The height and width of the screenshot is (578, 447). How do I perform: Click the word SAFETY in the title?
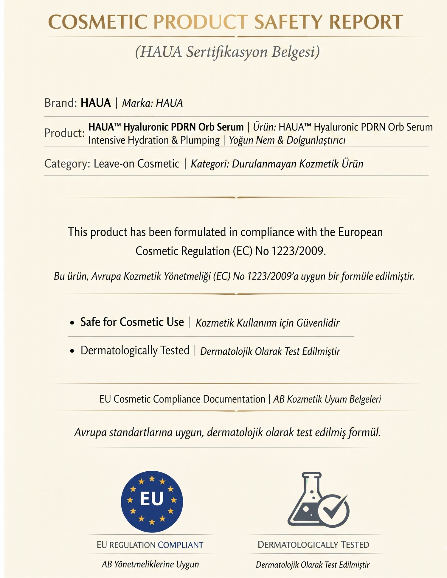(x=289, y=22)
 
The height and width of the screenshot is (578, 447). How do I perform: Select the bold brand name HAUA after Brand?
(x=96, y=103)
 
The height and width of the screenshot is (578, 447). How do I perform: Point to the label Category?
(x=67, y=164)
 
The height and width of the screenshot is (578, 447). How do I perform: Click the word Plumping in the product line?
(x=200, y=140)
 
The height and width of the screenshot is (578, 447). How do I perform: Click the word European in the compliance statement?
(x=360, y=232)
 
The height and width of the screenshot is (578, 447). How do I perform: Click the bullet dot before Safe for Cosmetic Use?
(x=72, y=323)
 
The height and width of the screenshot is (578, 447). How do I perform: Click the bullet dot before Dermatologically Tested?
(x=72, y=351)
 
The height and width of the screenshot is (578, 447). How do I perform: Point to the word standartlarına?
(x=141, y=432)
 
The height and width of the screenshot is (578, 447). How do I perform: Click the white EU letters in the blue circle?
(x=152, y=499)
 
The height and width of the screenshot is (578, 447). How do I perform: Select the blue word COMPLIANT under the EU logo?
(x=181, y=545)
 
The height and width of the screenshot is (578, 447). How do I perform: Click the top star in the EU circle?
(x=152, y=479)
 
